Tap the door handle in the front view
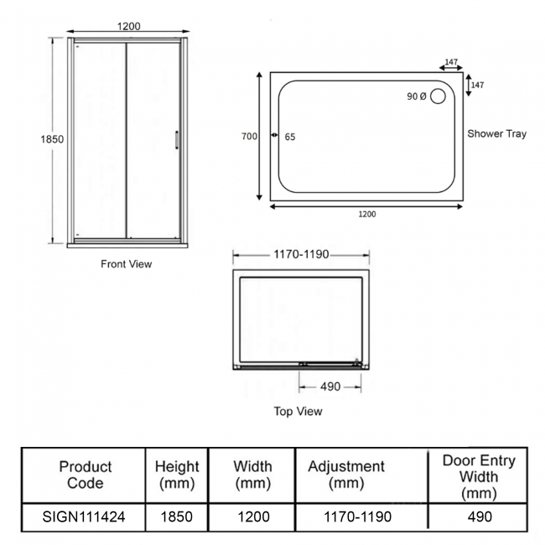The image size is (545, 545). [176, 140]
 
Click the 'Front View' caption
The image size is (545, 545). [126, 264]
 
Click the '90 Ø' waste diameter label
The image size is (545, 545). [417, 96]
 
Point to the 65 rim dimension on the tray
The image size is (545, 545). [290, 137]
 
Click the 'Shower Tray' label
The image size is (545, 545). [496, 133]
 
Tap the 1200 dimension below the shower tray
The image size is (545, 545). [366, 214]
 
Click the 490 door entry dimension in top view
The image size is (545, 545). [330, 387]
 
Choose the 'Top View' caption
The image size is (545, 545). [298, 412]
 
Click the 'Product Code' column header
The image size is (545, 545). [85, 475]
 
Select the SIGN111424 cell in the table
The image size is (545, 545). [84, 517]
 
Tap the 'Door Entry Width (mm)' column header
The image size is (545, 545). [479, 475]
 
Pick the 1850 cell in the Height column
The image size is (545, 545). [177, 517]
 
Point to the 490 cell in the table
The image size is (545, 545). [478, 517]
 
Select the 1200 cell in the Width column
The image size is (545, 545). [252, 517]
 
